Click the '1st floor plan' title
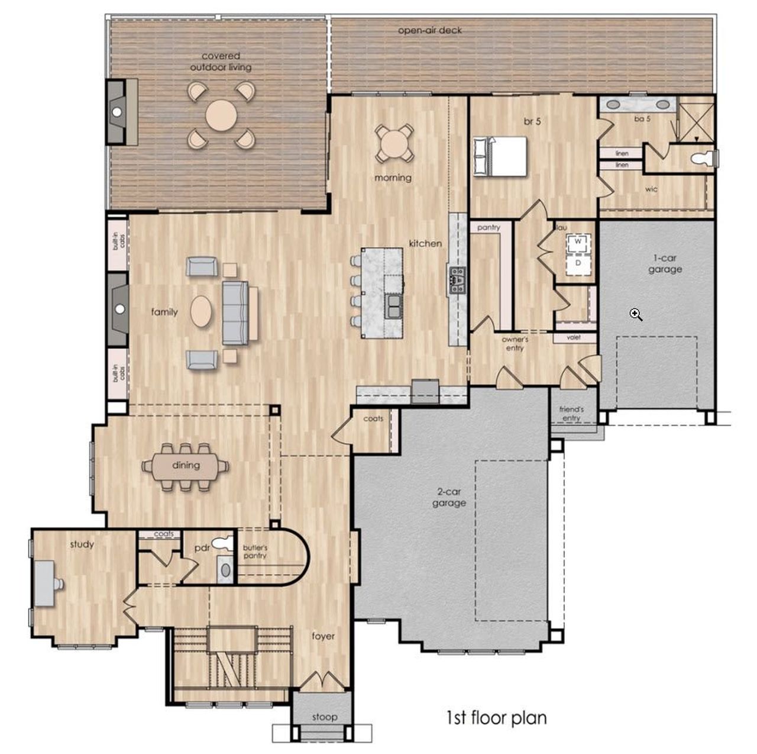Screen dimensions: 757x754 pyautogui.click(x=496, y=718)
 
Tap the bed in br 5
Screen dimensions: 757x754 pyautogui.click(x=500, y=156)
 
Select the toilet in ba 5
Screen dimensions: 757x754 pyautogui.click(x=705, y=158)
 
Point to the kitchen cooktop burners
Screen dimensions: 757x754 pyautogui.click(x=457, y=281)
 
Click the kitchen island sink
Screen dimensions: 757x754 pyautogui.click(x=393, y=306)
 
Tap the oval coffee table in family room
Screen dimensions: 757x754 pyautogui.click(x=200, y=311)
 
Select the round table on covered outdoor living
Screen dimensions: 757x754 pyautogui.click(x=221, y=115)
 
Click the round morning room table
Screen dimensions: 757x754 pyautogui.click(x=394, y=143)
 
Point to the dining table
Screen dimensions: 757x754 pyautogui.click(x=186, y=467)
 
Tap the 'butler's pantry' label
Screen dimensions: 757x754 pyautogui.click(x=255, y=552)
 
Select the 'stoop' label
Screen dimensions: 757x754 pyautogui.click(x=325, y=717)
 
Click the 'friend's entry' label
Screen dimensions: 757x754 pyautogui.click(x=571, y=414)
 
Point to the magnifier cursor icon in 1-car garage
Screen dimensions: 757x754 pyautogui.click(x=636, y=314)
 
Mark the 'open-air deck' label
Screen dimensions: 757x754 pyautogui.click(x=430, y=30)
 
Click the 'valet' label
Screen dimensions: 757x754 pyautogui.click(x=574, y=337)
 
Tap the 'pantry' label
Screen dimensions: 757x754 pyautogui.click(x=489, y=228)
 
